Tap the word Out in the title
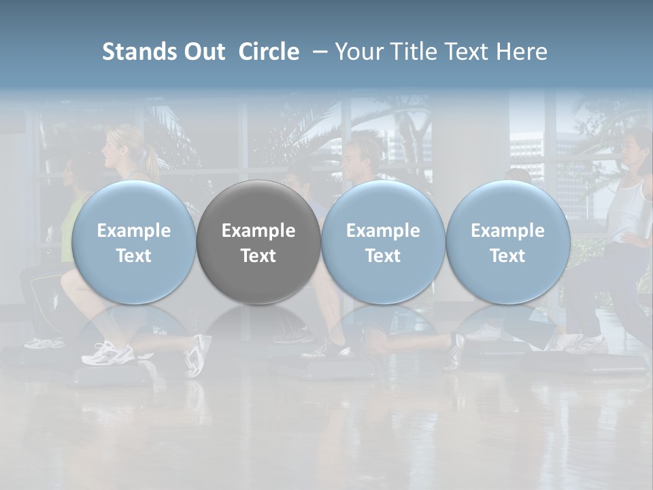204,52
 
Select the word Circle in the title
269,52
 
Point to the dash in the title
317,52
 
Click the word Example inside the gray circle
258,231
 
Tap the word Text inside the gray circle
258,256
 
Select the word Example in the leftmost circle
134,231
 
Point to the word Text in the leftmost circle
134,256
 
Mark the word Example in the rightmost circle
508,231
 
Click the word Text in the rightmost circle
508,256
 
